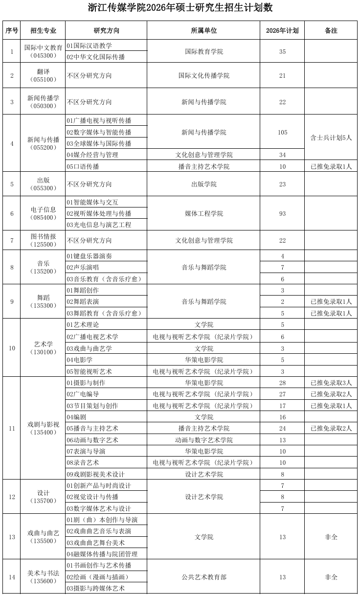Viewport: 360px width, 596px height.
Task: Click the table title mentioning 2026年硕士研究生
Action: pos(180,8)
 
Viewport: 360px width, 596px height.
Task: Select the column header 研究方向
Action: pos(106,30)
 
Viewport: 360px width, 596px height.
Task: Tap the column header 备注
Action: pos(331,30)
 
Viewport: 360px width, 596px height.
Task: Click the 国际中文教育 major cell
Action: pos(43,51)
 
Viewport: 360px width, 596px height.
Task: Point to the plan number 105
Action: pos(282,132)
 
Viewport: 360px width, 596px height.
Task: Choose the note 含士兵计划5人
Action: pos(331,138)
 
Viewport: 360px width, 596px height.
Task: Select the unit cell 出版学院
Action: pos(203,184)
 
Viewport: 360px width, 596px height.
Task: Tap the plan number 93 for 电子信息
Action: pos(282,213)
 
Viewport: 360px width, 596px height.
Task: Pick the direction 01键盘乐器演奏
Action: pos(90,256)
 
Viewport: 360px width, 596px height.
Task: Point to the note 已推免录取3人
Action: pos(331,383)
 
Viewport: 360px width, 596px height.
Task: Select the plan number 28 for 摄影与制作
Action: pos(282,383)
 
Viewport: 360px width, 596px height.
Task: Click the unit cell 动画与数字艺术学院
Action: pos(203,440)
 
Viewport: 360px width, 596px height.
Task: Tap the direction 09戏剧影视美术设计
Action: pos(96,474)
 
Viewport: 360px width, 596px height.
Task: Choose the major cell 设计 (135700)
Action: pos(43,497)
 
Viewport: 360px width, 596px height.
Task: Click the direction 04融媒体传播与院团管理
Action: pos(102,554)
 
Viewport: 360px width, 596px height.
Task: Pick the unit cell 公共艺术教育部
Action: pos(203,577)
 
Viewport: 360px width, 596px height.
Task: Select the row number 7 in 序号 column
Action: pos(12,240)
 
